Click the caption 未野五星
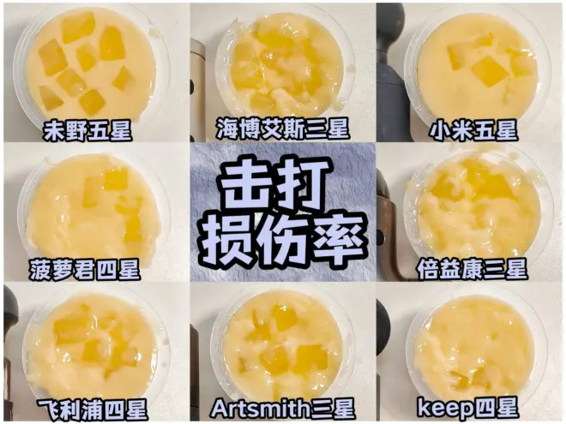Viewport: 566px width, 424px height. pos(87,130)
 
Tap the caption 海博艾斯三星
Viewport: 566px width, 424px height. pos(283,128)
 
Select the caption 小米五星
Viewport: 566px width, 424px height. pos(473,130)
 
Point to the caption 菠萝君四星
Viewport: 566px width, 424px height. pos(84,269)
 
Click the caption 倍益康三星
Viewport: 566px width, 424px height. pos(473,269)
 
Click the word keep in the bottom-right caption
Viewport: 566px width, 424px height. pos(444,409)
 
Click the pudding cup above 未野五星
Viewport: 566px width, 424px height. pos(92,65)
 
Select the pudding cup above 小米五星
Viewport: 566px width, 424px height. pos(477,62)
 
